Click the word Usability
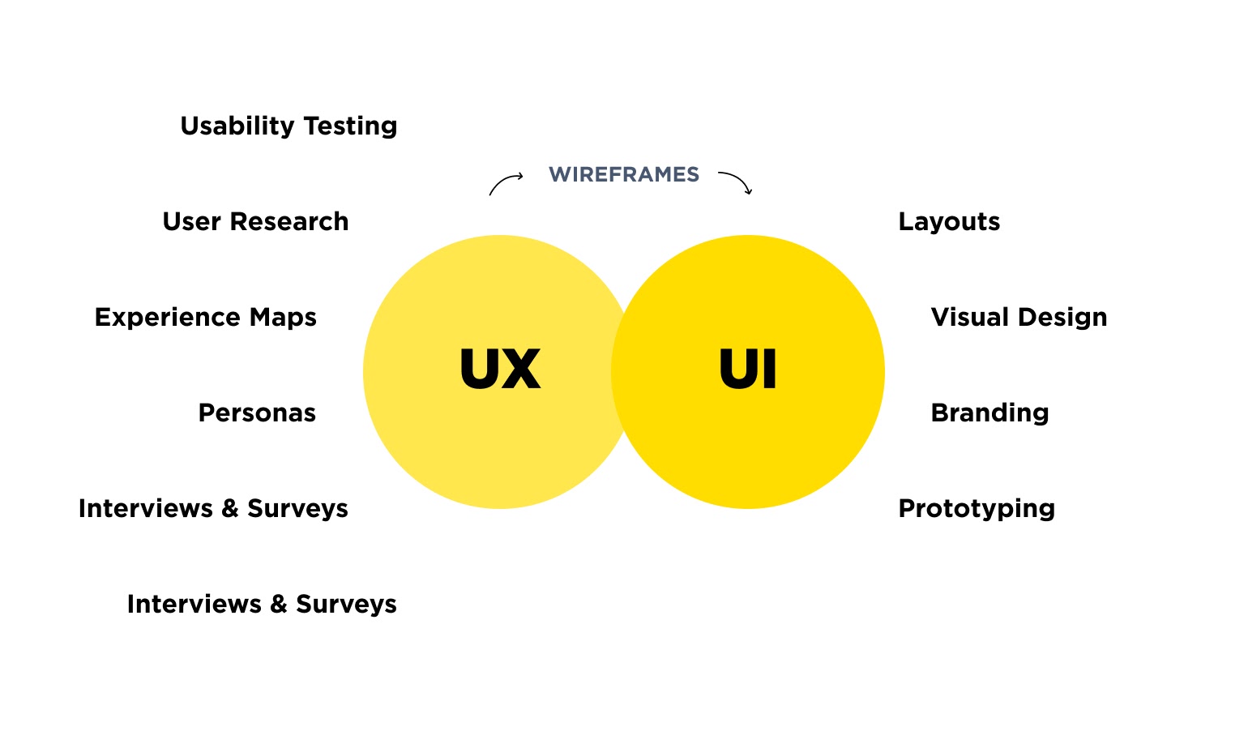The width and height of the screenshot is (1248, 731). [x=237, y=126]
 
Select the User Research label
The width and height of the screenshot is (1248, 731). [x=255, y=221]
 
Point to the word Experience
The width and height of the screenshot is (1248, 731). [x=168, y=318]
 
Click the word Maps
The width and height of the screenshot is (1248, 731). [x=283, y=318]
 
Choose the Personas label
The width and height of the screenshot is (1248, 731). [x=257, y=413]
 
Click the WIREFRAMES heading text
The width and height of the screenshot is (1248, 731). [x=623, y=175]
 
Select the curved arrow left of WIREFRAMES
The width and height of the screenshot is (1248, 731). [x=505, y=183]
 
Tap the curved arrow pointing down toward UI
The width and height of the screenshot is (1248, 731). [x=736, y=182]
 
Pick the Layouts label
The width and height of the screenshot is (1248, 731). [x=949, y=222]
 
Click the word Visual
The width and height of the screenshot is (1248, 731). [x=970, y=317]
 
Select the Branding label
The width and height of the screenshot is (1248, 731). [x=989, y=413]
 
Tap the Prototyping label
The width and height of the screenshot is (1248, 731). [x=977, y=509]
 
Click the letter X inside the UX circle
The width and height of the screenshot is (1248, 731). [x=521, y=370]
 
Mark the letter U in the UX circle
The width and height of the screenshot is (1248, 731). [x=480, y=370]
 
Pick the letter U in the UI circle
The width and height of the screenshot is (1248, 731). [x=737, y=370]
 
